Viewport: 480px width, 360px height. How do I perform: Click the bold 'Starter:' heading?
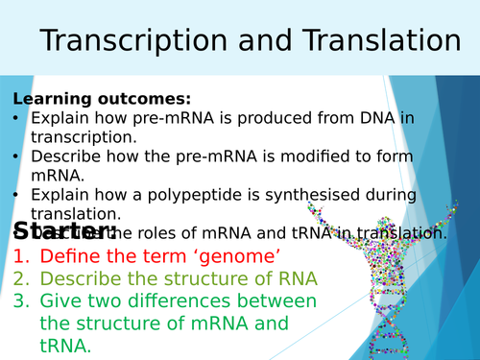point(64,231)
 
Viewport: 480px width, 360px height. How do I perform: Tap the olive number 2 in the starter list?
point(21,278)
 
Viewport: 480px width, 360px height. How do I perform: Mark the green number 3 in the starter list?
point(21,301)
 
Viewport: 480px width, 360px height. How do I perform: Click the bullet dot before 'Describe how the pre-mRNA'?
point(17,156)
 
